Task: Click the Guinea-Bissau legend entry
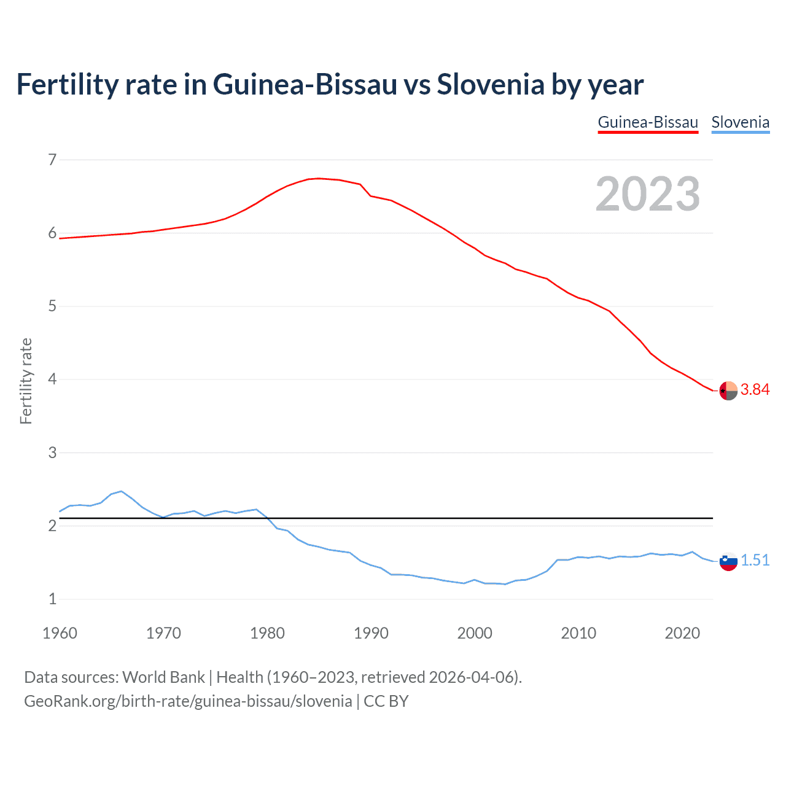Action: click(648, 122)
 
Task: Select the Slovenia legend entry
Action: click(740, 122)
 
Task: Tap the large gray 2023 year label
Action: click(648, 194)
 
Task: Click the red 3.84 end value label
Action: click(755, 390)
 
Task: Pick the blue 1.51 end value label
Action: click(755, 561)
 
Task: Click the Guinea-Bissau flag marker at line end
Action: click(728, 391)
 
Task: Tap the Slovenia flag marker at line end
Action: click(728, 561)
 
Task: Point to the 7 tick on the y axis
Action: click(52, 160)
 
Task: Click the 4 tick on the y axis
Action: click(52, 379)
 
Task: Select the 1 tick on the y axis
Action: click(52, 599)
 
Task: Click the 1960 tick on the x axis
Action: click(60, 633)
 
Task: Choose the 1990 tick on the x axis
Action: click(371, 633)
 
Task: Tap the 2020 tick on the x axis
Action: click(682, 633)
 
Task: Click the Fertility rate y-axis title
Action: click(26, 381)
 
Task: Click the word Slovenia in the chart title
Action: click(490, 84)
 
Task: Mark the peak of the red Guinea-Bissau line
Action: click(318, 178)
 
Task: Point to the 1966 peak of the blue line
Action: click(122, 491)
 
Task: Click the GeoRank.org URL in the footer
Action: click(188, 701)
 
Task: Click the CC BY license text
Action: click(386, 701)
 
